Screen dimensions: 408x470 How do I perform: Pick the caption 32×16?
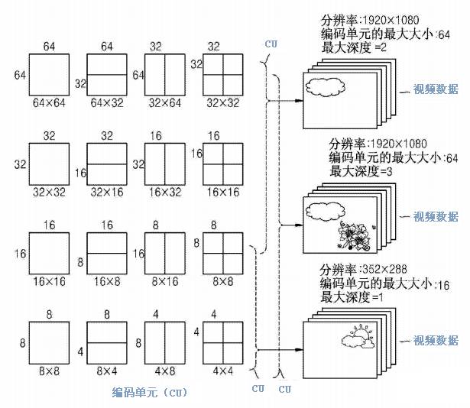(x=106, y=194)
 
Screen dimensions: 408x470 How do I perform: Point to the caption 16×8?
(x=106, y=282)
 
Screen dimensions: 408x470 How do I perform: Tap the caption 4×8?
(x=164, y=370)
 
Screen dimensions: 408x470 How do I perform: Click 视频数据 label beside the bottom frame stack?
(x=436, y=340)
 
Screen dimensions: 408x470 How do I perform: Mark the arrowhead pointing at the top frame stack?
(x=293, y=100)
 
